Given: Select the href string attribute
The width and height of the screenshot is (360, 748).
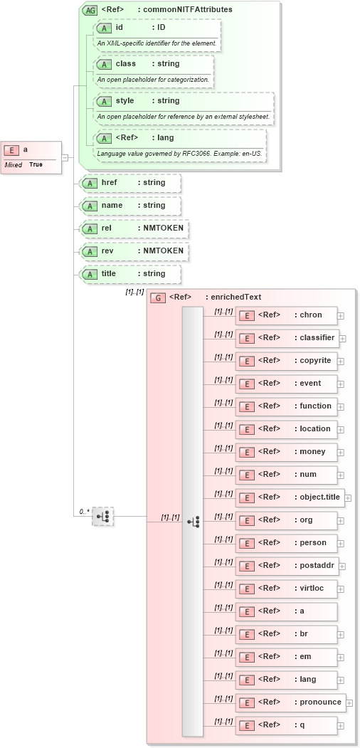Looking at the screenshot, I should (131, 183).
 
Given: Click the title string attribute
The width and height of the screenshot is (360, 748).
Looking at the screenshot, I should (131, 274).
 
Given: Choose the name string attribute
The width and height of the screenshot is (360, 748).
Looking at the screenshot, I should (131, 206).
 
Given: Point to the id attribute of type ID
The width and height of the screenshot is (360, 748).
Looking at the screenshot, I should (157, 28).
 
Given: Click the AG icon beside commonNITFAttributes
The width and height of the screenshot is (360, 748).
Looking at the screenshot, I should (90, 10).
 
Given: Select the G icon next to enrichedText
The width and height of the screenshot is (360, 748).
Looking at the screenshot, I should (159, 298).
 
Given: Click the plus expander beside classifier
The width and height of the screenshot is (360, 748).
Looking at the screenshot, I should (342, 338).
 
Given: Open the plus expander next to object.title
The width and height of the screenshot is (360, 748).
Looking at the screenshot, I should (348, 497).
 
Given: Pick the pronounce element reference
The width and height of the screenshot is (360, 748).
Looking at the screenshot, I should (290, 702).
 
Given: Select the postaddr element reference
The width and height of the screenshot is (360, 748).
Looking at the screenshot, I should (287, 566).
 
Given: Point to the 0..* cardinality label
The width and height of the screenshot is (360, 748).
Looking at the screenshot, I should (84, 511).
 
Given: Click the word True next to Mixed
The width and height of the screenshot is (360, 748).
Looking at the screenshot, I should (36, 164).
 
